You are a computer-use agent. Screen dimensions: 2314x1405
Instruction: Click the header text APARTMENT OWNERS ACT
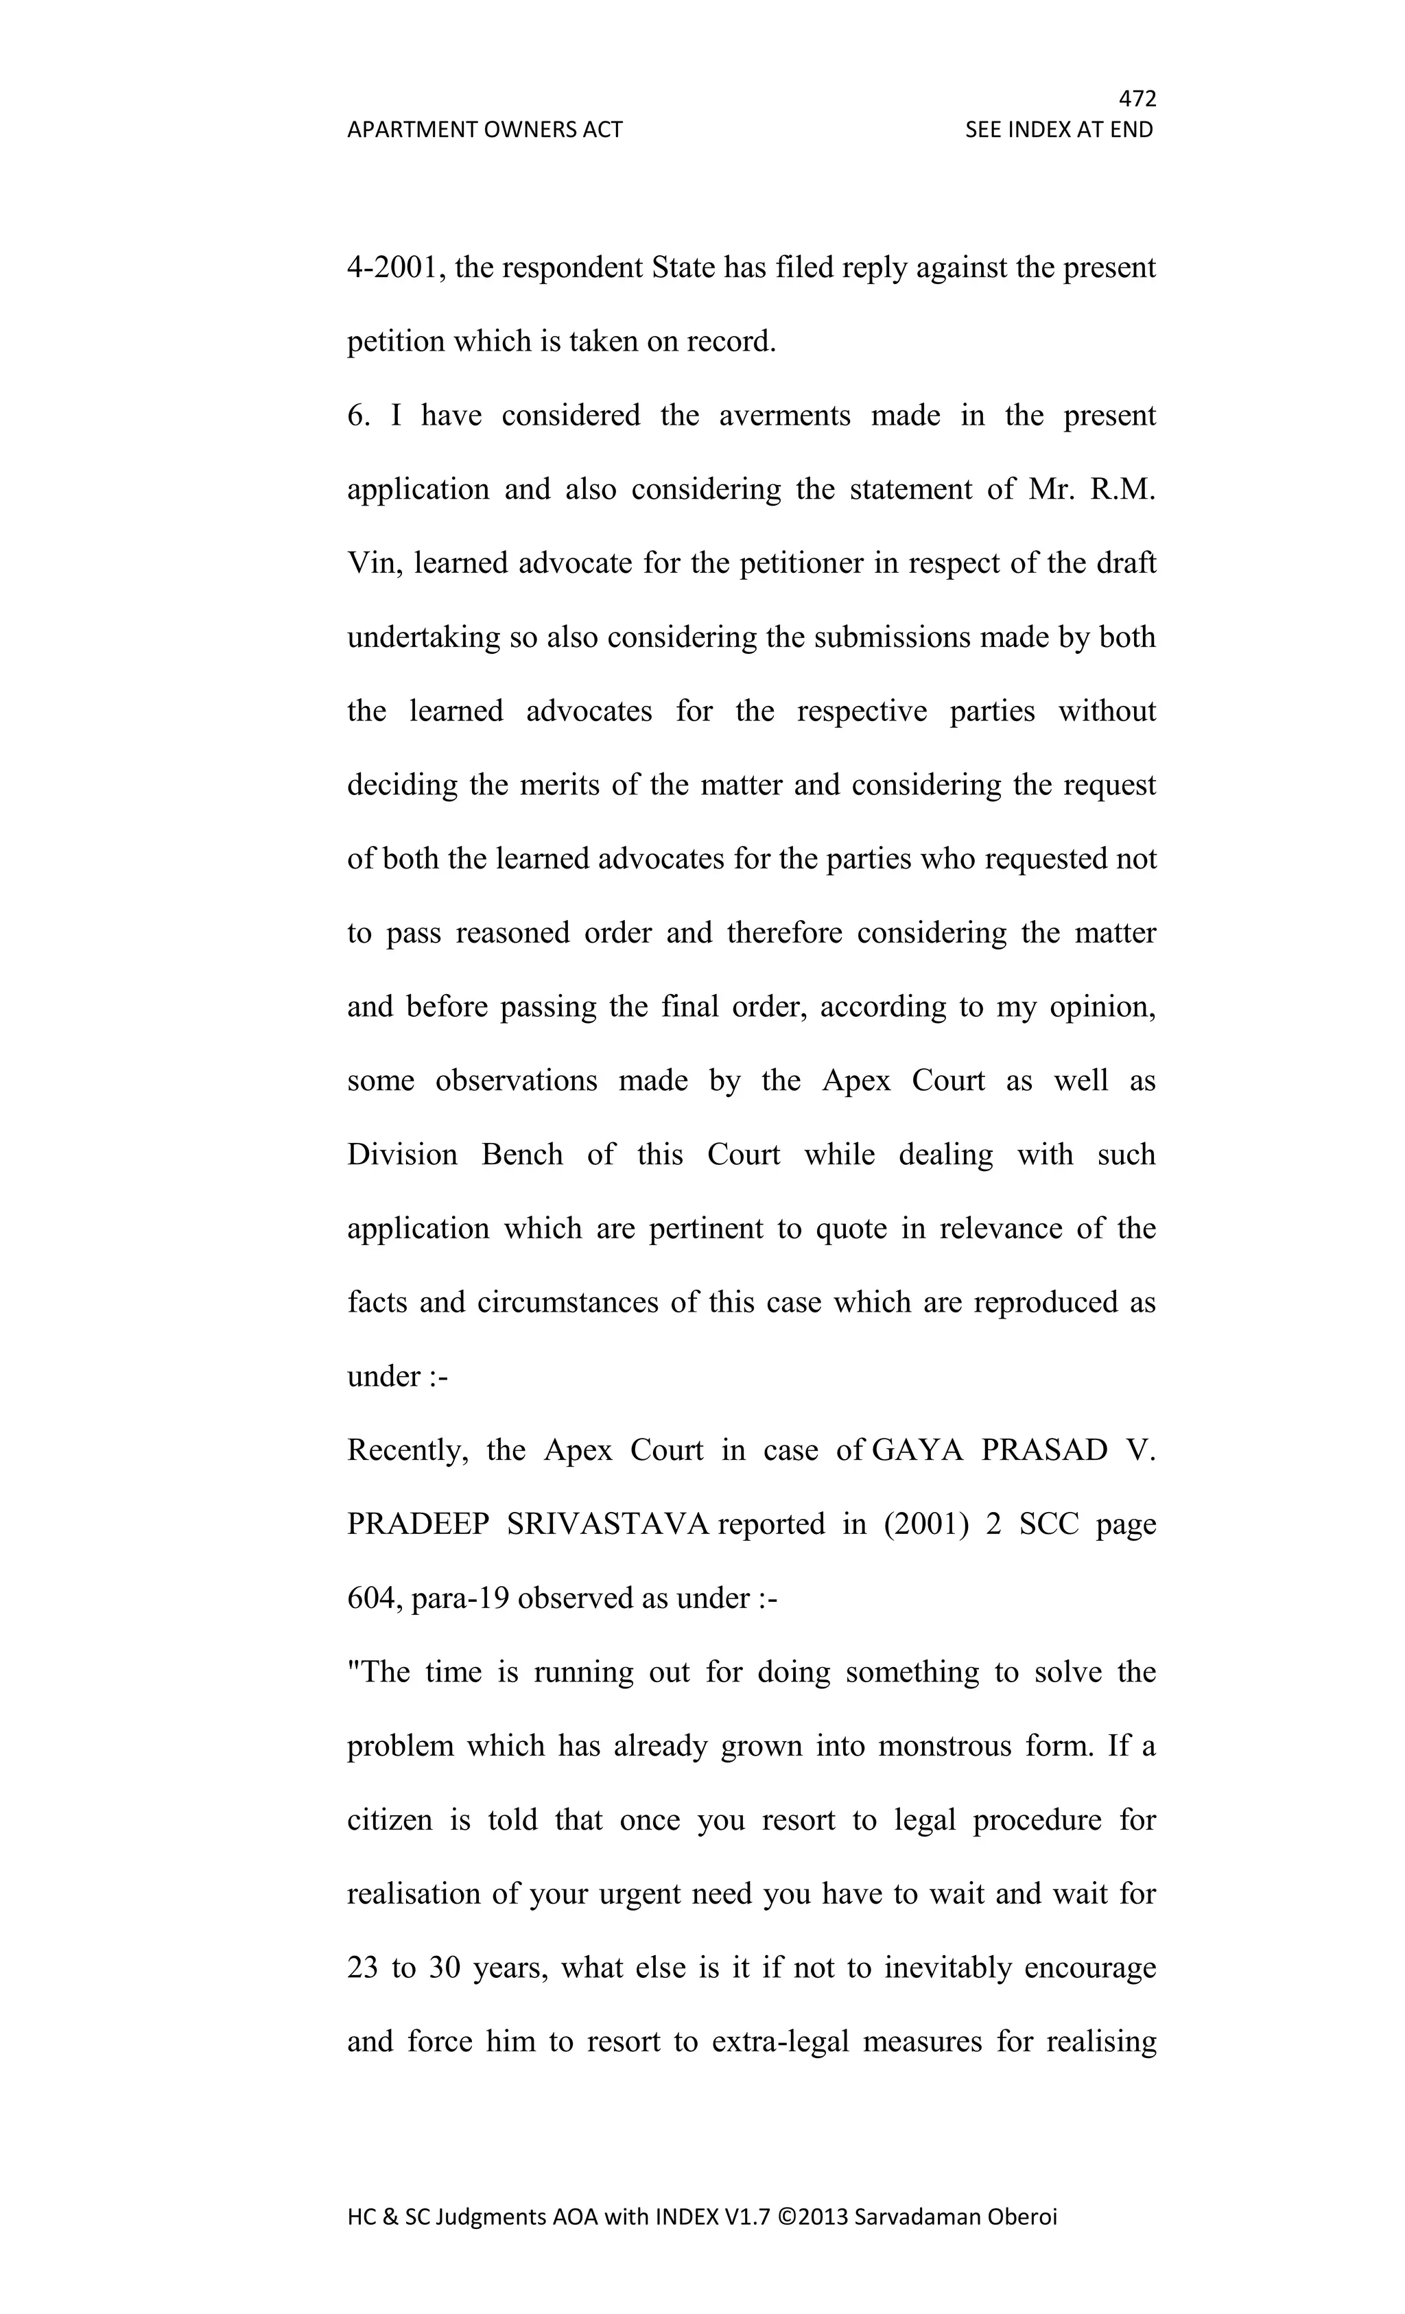point(484,130)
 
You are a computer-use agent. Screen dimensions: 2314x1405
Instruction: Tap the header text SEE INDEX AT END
point(1059,130)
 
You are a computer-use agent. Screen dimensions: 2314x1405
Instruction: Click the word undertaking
point(423,637)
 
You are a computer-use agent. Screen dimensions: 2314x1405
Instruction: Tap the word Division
point(402,1154)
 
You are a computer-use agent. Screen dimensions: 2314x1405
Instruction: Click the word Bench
point(522,1154)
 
